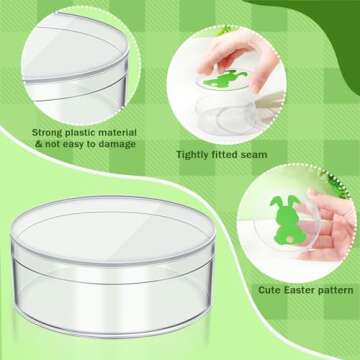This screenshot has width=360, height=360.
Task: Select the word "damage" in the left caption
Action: click(111, 144)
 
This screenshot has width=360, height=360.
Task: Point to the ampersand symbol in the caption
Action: click(37, 144)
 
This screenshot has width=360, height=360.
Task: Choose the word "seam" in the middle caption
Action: click(261, 155)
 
